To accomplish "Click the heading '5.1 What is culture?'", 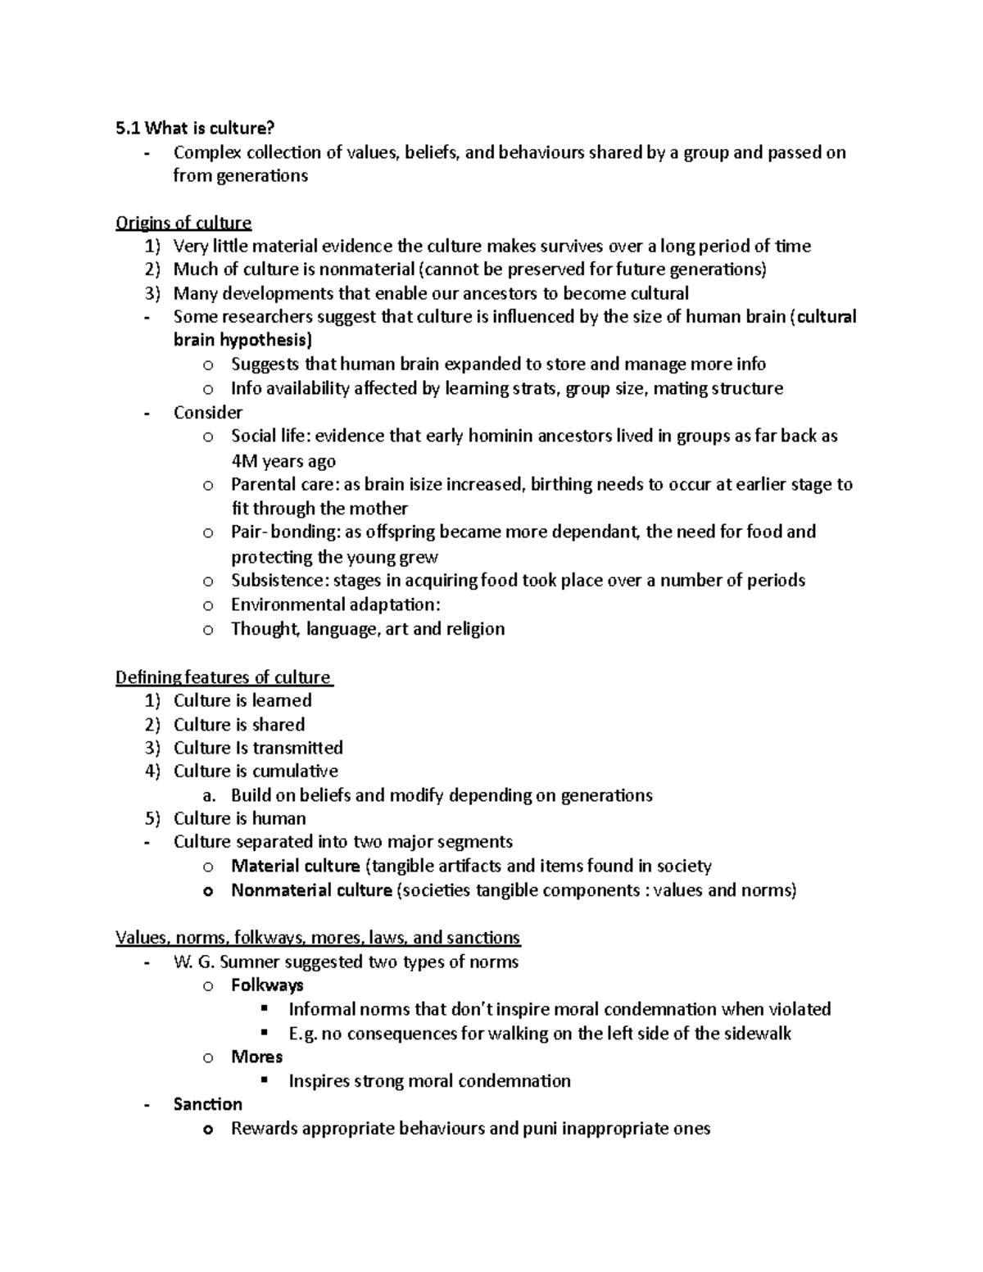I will point(195,128).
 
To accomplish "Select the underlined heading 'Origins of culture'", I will point(183,223).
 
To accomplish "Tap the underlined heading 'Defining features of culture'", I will point(223,677).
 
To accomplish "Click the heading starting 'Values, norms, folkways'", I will point(318,938).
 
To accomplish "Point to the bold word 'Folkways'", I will point(267,985).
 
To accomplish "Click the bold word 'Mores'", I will point(256,1057).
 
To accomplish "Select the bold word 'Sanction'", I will point(207,1104).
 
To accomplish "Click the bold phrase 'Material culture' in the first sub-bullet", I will point(295,867).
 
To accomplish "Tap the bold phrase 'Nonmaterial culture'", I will point(311,890).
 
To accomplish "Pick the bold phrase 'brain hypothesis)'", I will point(242,340).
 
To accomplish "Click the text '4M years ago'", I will point(283,461).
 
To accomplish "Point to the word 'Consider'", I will point(207,413).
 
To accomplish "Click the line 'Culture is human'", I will point(239,818).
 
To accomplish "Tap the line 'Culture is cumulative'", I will point(256,771).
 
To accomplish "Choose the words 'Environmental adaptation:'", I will point(335,604).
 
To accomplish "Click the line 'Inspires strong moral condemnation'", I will point(429,1081).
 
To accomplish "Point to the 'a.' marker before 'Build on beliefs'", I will point(210,795).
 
